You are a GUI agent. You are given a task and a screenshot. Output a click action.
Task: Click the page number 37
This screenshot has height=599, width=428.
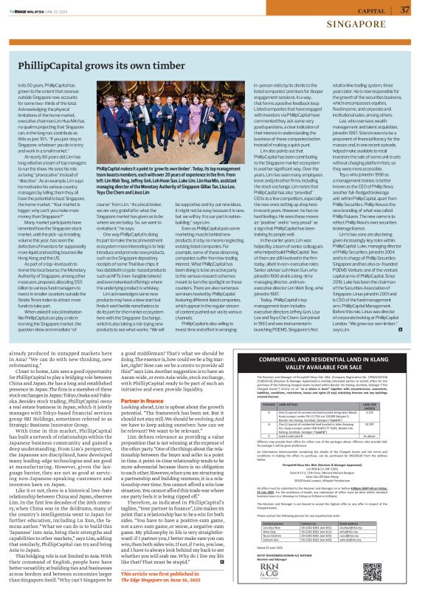pyautogui.click(x=404, y=10)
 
